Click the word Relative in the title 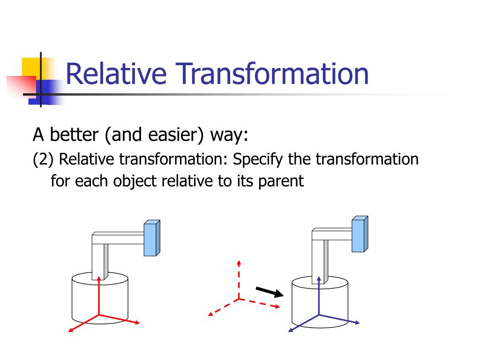[115, 74]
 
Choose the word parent [280, 180]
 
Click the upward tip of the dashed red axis [239, 262]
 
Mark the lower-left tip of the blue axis [289, 331]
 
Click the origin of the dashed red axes [239, 298]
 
